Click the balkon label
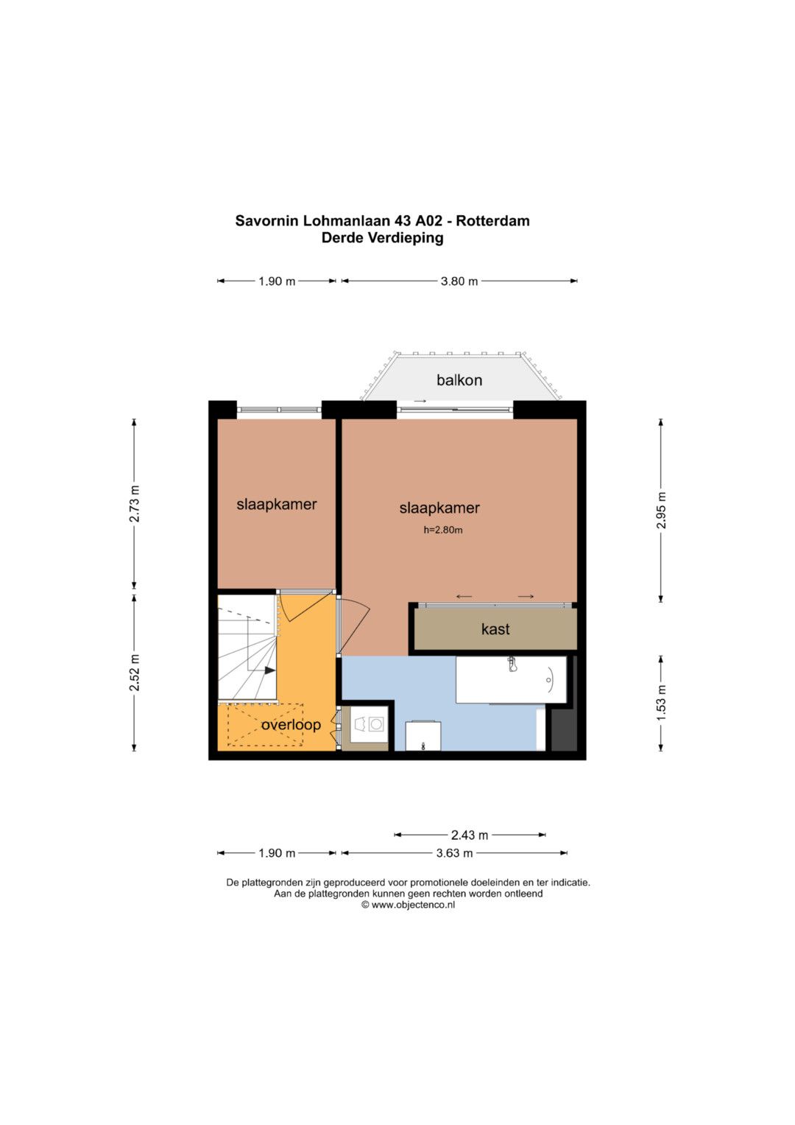[459, 380]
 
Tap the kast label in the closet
[495, 629]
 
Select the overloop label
[291, 725]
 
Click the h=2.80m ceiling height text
[442, 530]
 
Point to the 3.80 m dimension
[459, 281]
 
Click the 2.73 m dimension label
[135, 504]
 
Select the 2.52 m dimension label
[135, 673]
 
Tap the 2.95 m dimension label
[662, 511]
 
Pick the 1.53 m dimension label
[662, 703]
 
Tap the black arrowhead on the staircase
[269, 670]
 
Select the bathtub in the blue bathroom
[511, 679]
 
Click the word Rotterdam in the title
[492, 221]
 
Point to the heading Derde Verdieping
[383, 237]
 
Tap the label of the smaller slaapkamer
[277, 504]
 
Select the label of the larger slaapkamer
[439, 508]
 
